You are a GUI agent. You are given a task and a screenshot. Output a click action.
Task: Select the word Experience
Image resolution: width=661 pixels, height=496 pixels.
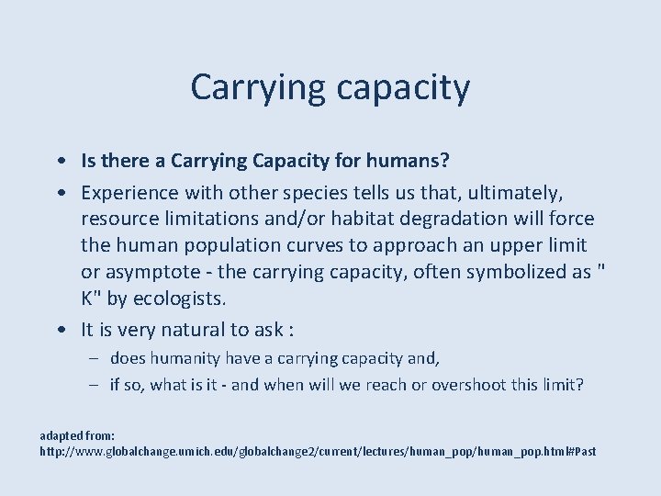pyautogui.click(x=129, y=192)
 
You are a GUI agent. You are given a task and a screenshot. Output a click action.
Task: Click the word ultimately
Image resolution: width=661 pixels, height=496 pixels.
pyautogui.click(x=515, y=192)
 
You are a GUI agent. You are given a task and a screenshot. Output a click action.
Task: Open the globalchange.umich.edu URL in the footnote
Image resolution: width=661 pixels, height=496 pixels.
pyautogui.click(x=318, y=451)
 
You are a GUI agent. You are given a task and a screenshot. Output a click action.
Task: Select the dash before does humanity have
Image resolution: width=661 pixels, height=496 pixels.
pyautogui.click(x=95, y=358)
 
